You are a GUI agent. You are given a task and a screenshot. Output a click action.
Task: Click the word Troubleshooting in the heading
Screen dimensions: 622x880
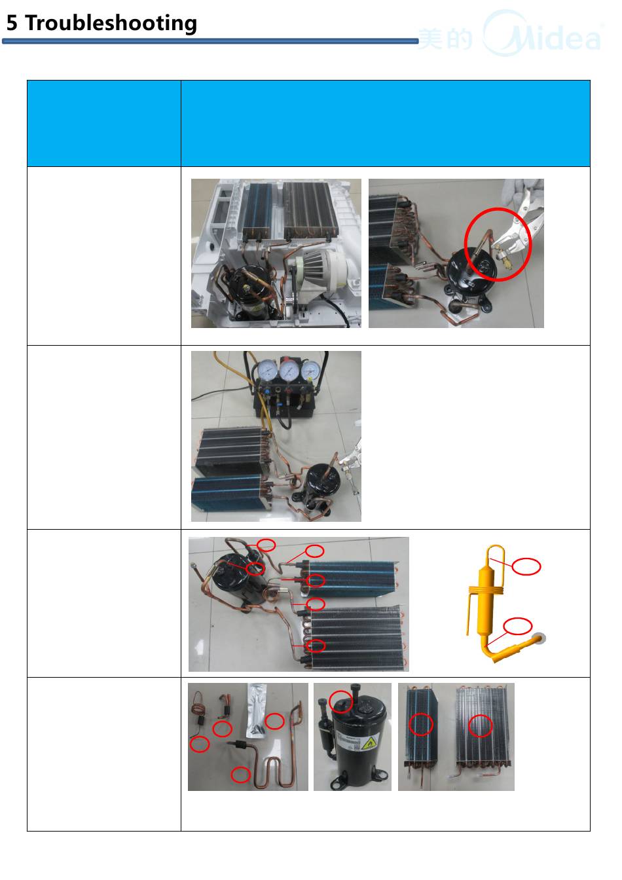[x=111, y=23]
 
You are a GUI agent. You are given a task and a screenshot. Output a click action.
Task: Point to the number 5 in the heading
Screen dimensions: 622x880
[x=12, y=23]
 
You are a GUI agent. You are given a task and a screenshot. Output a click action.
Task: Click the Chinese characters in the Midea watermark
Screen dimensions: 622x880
[x=445, y=39]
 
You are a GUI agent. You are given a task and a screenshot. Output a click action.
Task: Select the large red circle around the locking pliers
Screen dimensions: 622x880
[x=498, y=244]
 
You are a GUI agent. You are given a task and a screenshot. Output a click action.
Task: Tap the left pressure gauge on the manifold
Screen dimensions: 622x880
[x=266, y=371]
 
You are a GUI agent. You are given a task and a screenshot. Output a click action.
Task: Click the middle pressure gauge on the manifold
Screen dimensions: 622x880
[x=289, y=370]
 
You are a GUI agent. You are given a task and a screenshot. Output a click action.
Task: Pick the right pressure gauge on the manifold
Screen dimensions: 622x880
[x=311, y=371]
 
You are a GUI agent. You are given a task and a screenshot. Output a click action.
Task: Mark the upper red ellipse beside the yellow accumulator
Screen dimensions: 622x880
[x=526, y=566]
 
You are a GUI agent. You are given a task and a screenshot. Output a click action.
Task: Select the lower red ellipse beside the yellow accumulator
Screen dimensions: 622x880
[x=518, y=626]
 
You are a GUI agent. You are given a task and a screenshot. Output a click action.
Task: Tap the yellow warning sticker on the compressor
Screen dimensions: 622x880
[x=368, y=742]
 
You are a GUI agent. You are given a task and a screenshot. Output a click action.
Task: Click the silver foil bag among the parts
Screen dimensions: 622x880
[x=256, y=710]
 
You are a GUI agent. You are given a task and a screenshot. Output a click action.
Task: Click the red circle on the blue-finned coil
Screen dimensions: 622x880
[x=421, y=724]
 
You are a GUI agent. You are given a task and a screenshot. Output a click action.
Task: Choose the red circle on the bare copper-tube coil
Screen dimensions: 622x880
[x=480, y=725]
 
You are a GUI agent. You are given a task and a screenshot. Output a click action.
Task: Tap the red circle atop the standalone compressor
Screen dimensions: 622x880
[x=340, y=702]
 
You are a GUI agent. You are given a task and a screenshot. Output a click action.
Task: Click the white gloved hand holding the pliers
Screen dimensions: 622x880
[x=526, y=196]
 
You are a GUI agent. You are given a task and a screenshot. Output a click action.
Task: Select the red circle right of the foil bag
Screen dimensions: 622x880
[x=274, y=721]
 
